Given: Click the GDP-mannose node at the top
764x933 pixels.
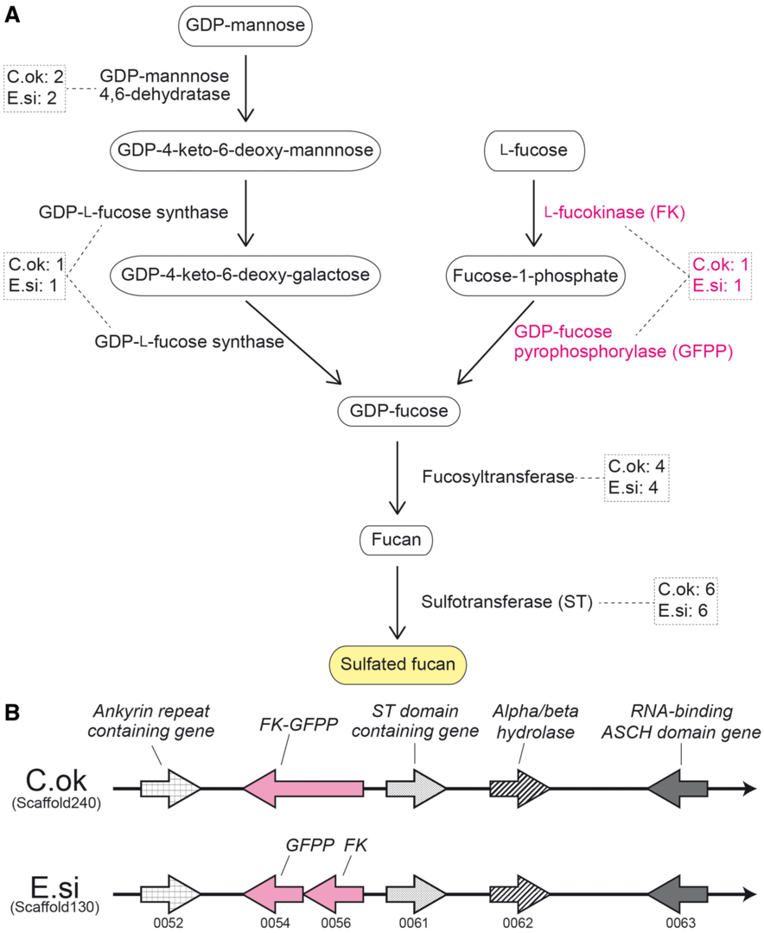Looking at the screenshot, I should [x=245, y=27].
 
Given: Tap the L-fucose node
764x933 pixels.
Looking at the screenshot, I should [x=534, y=151].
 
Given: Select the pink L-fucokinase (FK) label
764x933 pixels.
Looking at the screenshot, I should [x=614, y=213].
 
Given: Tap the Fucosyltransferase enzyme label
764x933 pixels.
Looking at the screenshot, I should [x=499, y=476].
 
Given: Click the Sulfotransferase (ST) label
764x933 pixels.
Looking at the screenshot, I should [x=506, y=602].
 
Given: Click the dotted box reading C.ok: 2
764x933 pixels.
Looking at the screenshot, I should [x=35, y=87].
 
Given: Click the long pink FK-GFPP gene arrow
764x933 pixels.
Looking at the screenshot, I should [x=303, y=789].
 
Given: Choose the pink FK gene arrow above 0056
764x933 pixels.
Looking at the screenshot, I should [x=334, y=892].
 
